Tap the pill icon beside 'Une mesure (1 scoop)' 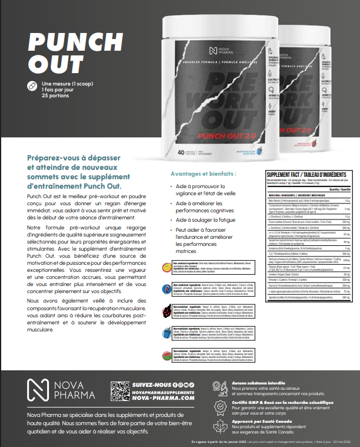(x=32, y=86)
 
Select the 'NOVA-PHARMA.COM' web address (x=164, y=399)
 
